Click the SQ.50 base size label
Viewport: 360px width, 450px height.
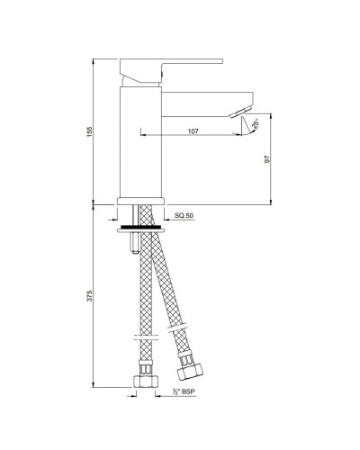pos(184,217)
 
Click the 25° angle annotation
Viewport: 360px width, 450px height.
pos(255,123)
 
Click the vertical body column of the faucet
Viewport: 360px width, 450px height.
pos(140,144)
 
